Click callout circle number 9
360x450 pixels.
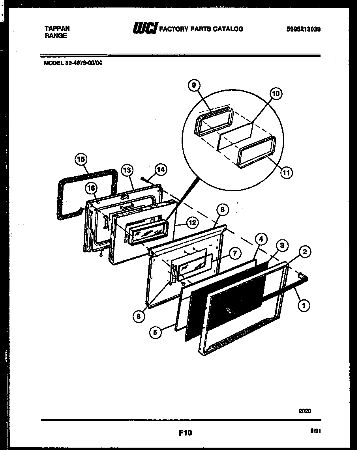(194, 85)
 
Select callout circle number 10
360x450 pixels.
(276, 93)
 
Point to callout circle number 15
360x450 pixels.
(81, 159)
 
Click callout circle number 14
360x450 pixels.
(161, 170)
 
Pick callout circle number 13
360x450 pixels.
(126, 171)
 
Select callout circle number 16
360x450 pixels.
(91, 189)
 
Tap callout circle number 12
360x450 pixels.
(192, 222)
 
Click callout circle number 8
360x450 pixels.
(222, 210)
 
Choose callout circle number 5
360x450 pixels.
(156, 332)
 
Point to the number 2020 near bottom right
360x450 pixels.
(304, 411)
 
